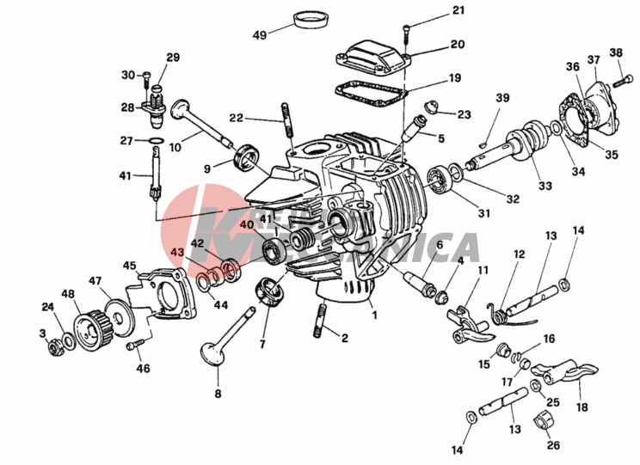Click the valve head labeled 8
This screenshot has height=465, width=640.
tap(209, 352)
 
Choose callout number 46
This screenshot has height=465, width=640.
tap(143, 369)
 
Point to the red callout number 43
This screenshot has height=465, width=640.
tap(176, 253)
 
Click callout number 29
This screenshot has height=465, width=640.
tap(173, 58)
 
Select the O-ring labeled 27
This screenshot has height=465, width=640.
tap(155, 140)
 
